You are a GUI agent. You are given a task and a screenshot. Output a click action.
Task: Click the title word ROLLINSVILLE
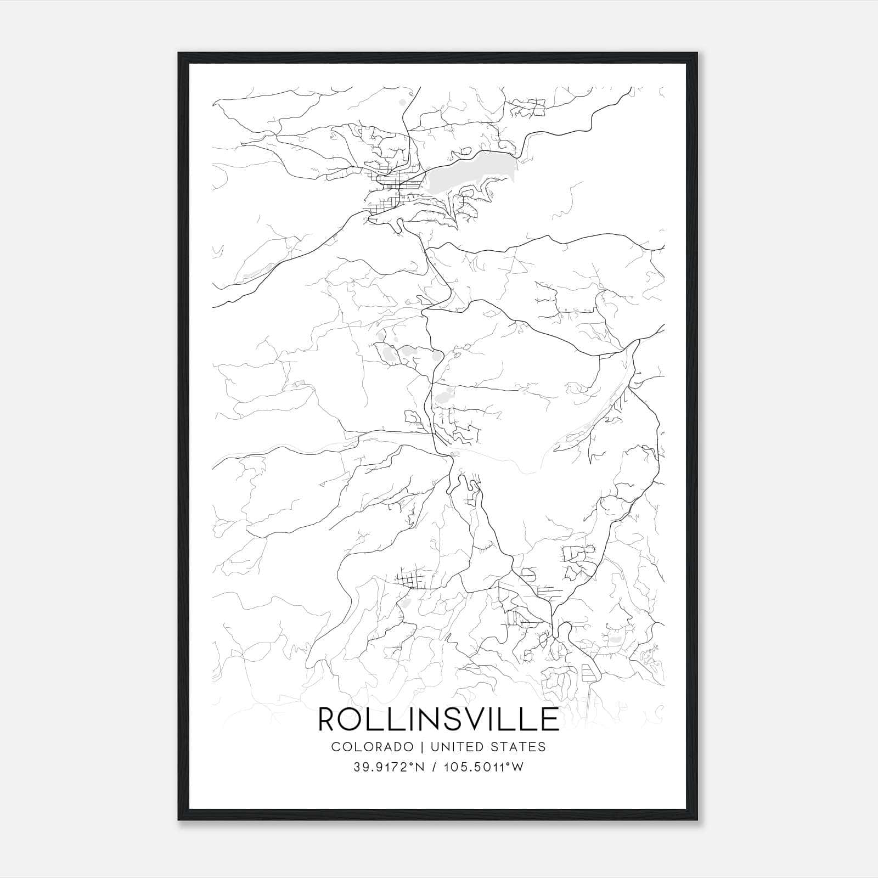click(x=438, y=719)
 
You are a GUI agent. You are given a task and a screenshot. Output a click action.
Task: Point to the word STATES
click(x=519, y=747)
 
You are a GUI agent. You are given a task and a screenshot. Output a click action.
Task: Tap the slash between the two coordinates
click(x=434, y=767)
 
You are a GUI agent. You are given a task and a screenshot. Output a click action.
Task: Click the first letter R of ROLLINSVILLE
click(x=327, y=719)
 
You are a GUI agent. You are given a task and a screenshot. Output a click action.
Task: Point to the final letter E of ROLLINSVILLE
click(x=550, y=719)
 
